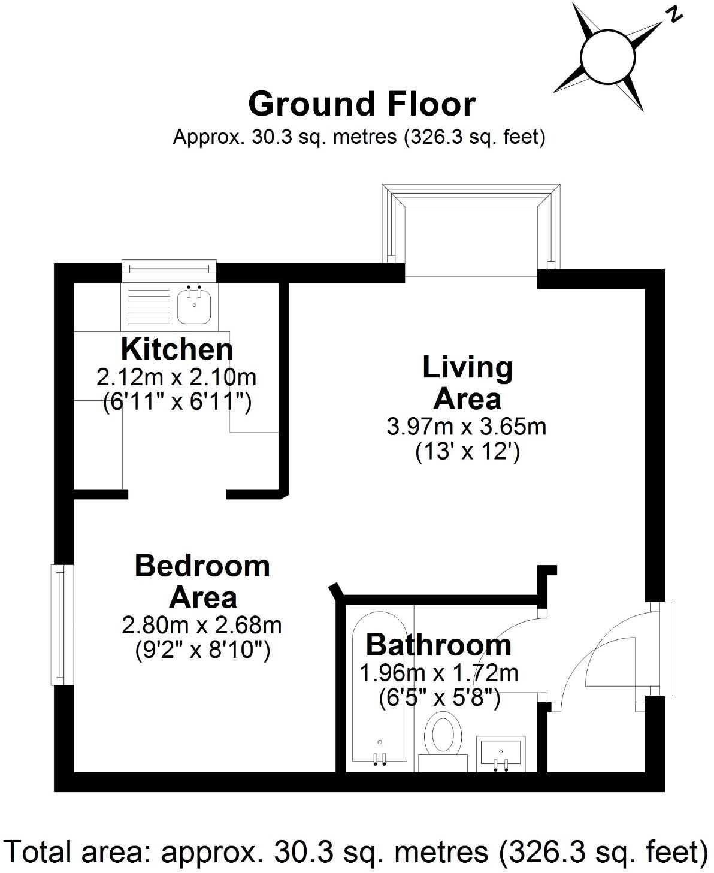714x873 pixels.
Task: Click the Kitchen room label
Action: pyautogui.click(x=177, y=349)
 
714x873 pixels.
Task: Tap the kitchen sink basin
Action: pyautogui.click(x=195, y=304)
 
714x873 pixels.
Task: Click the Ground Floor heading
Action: pyautogui.click(x=362, y=104)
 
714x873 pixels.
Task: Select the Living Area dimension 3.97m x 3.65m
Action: pyautogui.click(x=467, y=427)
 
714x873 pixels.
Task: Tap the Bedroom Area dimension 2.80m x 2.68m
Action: pyautogui.click(x=202, y=626)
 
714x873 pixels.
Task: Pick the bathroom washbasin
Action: pyautogui.click(x=501, y=753)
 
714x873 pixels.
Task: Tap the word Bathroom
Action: pyautogui.click(x=438, y=645)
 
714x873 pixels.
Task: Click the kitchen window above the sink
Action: pyautogui.click(x=169, y=270)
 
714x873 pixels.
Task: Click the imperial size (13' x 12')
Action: pyautogui.click(x=467, y=451)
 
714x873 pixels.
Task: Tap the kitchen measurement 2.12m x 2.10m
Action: pyautogui.click(x=177, y=377)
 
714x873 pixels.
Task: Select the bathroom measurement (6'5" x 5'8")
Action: pyautogui.click(x=439, y=699)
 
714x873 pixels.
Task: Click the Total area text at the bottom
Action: pyautogui.click(x=356, y=851)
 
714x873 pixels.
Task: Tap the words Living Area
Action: pyautogui.click(x=467, y=383)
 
